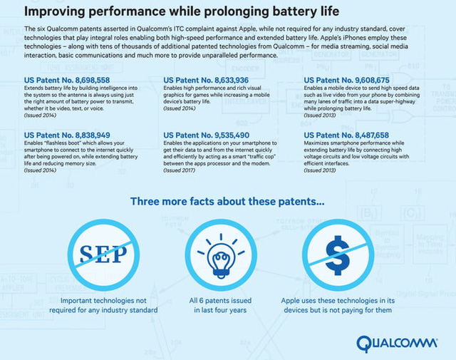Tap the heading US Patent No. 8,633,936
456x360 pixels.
click(206, 78)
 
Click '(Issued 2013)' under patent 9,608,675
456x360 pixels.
click(321, 115)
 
